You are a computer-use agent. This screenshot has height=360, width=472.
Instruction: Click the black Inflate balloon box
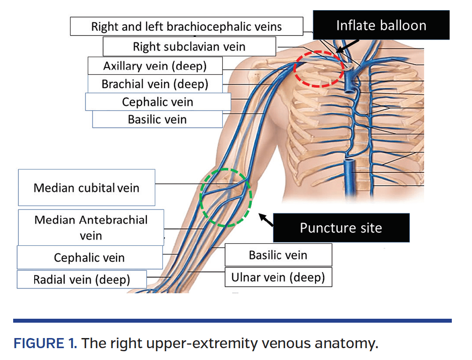pos(381,25)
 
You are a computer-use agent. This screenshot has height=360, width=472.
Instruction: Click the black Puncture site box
pos(341,228)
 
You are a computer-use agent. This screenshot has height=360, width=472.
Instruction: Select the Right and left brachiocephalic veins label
pos(186,26)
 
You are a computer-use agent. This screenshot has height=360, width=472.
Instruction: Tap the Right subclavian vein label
pos(189,47)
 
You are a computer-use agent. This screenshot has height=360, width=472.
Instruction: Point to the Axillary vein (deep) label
pos(154,66)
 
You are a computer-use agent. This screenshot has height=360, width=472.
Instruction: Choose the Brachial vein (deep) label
pos(154,83)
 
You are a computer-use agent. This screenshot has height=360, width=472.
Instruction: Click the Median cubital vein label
pos(86,188)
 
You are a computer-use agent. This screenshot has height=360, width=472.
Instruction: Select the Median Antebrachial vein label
pos(91,227)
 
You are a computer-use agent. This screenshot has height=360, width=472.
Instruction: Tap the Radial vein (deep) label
pos(82,279)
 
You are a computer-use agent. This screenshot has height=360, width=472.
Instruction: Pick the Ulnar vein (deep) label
pos(278,277)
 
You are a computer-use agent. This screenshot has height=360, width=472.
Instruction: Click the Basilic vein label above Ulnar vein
pos(278,255)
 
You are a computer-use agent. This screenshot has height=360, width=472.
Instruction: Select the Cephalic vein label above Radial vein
pos(89,257)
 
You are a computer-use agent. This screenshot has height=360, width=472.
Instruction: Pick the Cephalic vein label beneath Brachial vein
pos(157,102)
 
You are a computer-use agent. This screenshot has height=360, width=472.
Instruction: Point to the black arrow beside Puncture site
pos(266,220)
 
